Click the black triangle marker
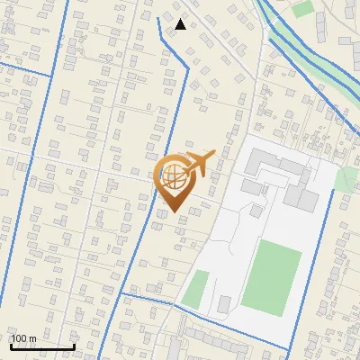coord(181,24)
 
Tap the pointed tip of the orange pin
coord(174,211)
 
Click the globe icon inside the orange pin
coord(173,174)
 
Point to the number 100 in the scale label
coord(19,338)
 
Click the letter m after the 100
coord(32,338)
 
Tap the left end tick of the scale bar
coord(10,346)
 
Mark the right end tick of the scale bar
coord(74,346)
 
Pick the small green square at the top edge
coord(303,9)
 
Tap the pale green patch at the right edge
coord(346,177)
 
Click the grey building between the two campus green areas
coord(224,304)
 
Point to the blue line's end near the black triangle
coord(158,18)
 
